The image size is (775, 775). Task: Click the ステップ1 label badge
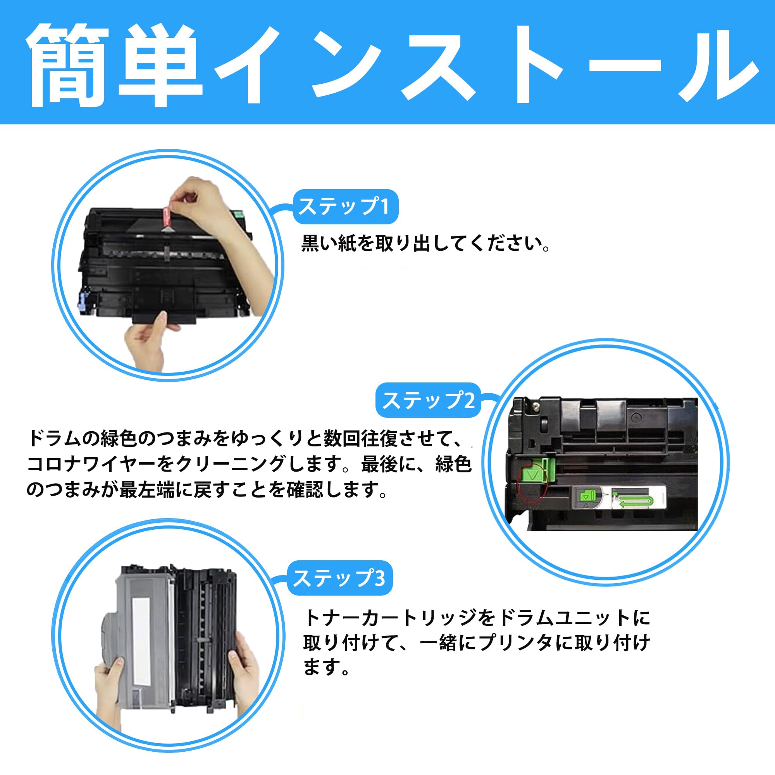coord(345,207)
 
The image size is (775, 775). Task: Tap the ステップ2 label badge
coord(428,400)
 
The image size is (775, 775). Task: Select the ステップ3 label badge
coord(339,578)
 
